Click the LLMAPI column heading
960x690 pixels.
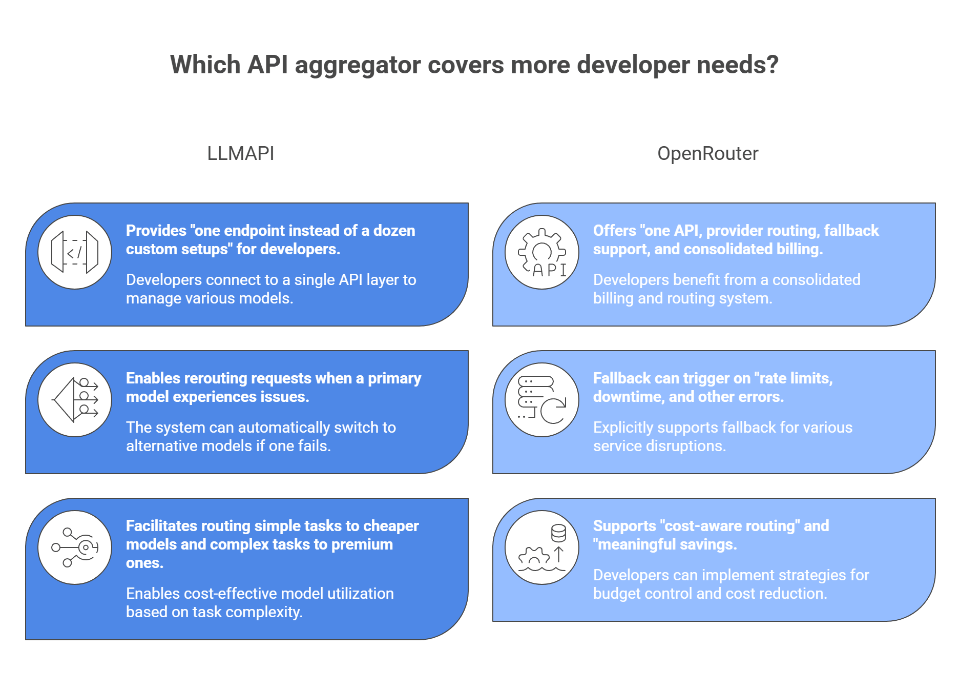tap(240, 153)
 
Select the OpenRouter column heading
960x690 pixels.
tap(707, 153)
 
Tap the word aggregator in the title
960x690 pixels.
tap(358, 65)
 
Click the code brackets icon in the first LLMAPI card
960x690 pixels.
tap(75, 252)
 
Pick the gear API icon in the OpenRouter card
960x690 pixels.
tap(542, 252)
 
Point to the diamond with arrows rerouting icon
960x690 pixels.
tap(75, 400)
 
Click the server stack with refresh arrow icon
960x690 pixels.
tap(542, 400)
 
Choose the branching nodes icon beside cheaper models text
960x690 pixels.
tap(75, 547)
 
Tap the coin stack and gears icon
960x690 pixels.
tap(542, 547)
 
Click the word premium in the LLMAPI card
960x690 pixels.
tap(362, 544)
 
